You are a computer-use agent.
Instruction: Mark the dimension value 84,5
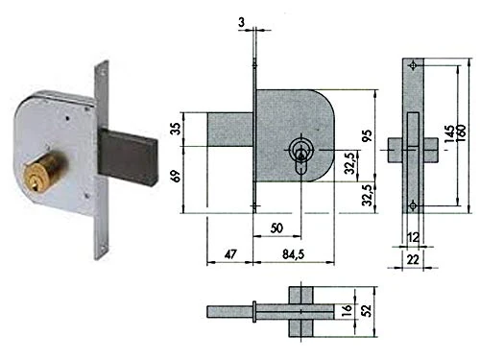tap(289, 253)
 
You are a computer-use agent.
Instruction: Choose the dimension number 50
tap(277, 228)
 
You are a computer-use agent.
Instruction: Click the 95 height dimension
tap(367, 135)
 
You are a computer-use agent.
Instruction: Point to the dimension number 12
tap(413, 237)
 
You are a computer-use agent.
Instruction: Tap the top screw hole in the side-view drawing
tap(413, 65)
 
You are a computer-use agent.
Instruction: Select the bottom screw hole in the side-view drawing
tap(413, 204)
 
